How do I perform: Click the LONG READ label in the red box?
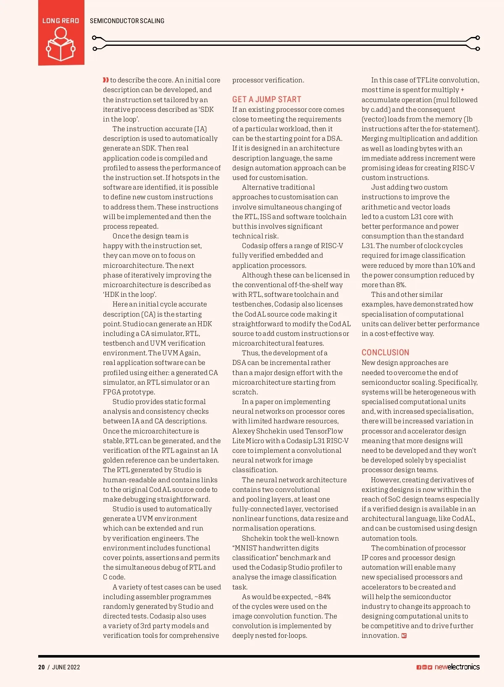pyautogui.click(x=61, y=21)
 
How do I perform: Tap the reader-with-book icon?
pyautogui.click(x=61, y=45)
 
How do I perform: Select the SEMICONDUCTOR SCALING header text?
pyautogui.click(x=127, y=21)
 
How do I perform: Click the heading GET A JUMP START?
pyautogui.click(x=267, y=100)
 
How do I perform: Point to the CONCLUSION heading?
pyautogui.click(x=385, y=353)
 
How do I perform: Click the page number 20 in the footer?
pyautogui.click(x=41, y=667)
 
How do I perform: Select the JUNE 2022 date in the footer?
pyautogui.click(x=66, y=667)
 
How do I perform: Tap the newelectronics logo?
pyautogui.click(x=457, y=667)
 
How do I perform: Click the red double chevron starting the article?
pyautogui.click(x=106, y=80)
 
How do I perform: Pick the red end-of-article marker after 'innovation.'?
pyautogui.click(x=404, y=636)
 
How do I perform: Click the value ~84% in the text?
pyautogui.click(x=322, y=597)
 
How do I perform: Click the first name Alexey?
pyautogui.click(x=244, y=431)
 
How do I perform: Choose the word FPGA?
pyautogui.click(x=112, y=392)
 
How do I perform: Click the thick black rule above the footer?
pyautogui.click(x=259, y=656)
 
